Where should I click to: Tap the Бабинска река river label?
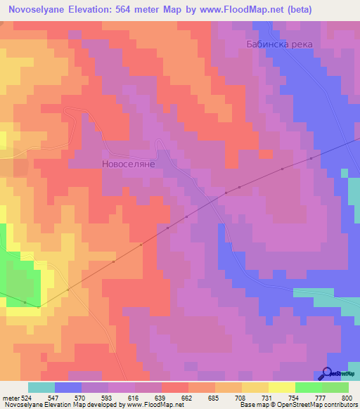tap(279, 44)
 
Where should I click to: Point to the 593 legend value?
tap(108, 398)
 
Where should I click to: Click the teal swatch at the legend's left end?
tap(41, 387)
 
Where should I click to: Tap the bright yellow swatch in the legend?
tap(281, 387)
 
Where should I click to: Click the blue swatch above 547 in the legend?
tap(68, 387)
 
